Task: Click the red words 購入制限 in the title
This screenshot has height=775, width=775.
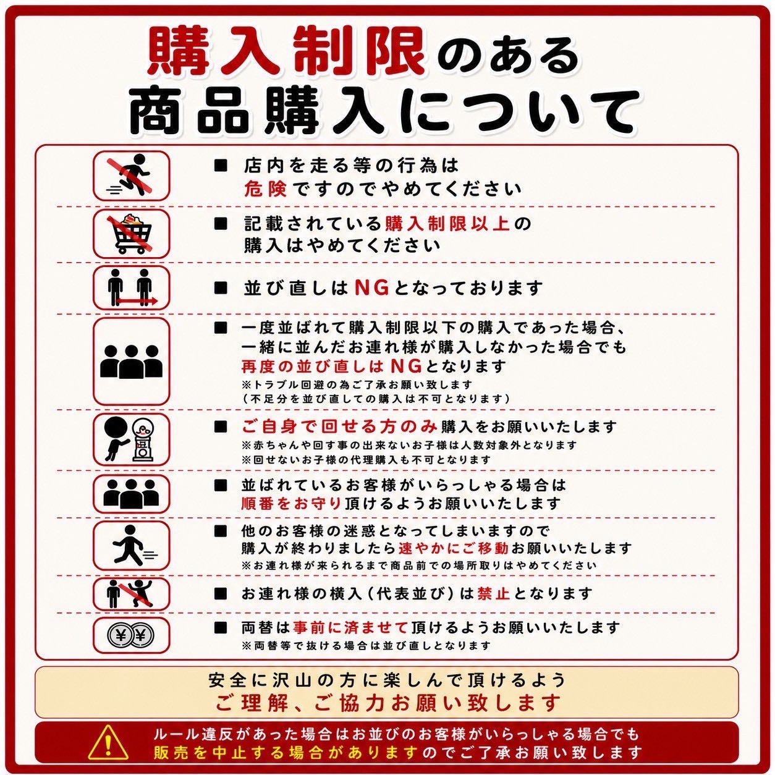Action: coord(286,52)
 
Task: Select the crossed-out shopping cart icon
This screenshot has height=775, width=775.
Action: coord(130,233)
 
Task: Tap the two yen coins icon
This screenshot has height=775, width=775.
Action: coord(131,635)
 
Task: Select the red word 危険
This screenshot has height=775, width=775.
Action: coord(265,189)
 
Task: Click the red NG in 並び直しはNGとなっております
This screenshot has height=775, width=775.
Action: coord(372,287)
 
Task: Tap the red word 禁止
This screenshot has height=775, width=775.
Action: coord(493,593)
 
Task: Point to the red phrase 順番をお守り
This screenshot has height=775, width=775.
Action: coord(291,503)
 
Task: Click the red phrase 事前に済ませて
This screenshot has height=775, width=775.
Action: coord(350,627)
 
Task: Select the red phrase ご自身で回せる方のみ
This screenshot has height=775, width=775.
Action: coord(339,426)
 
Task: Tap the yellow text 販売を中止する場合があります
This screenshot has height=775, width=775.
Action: coord(286,752)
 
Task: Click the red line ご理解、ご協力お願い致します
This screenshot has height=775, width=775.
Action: coord(387,703)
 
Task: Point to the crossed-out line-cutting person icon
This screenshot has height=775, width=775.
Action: coord(130,593)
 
